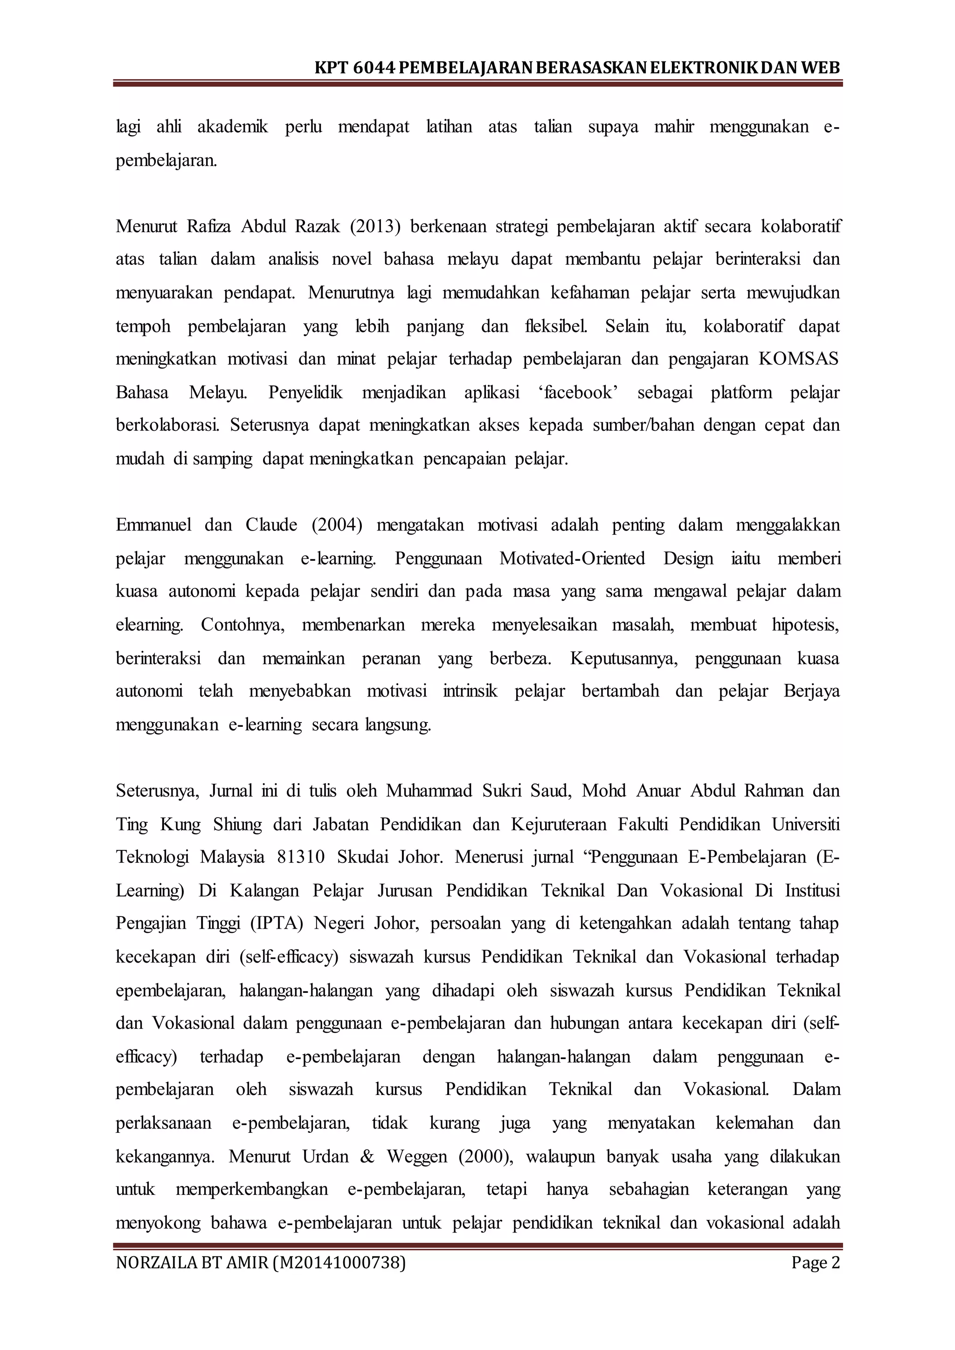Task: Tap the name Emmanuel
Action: pyautogui.click(x=153, y=524)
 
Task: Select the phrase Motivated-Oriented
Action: pyautogui.click(x=572, y=558)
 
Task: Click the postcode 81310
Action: pyautogui.click(x=300, y=857)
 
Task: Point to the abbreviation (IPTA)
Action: pyautogui.click(x=277, y=923)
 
